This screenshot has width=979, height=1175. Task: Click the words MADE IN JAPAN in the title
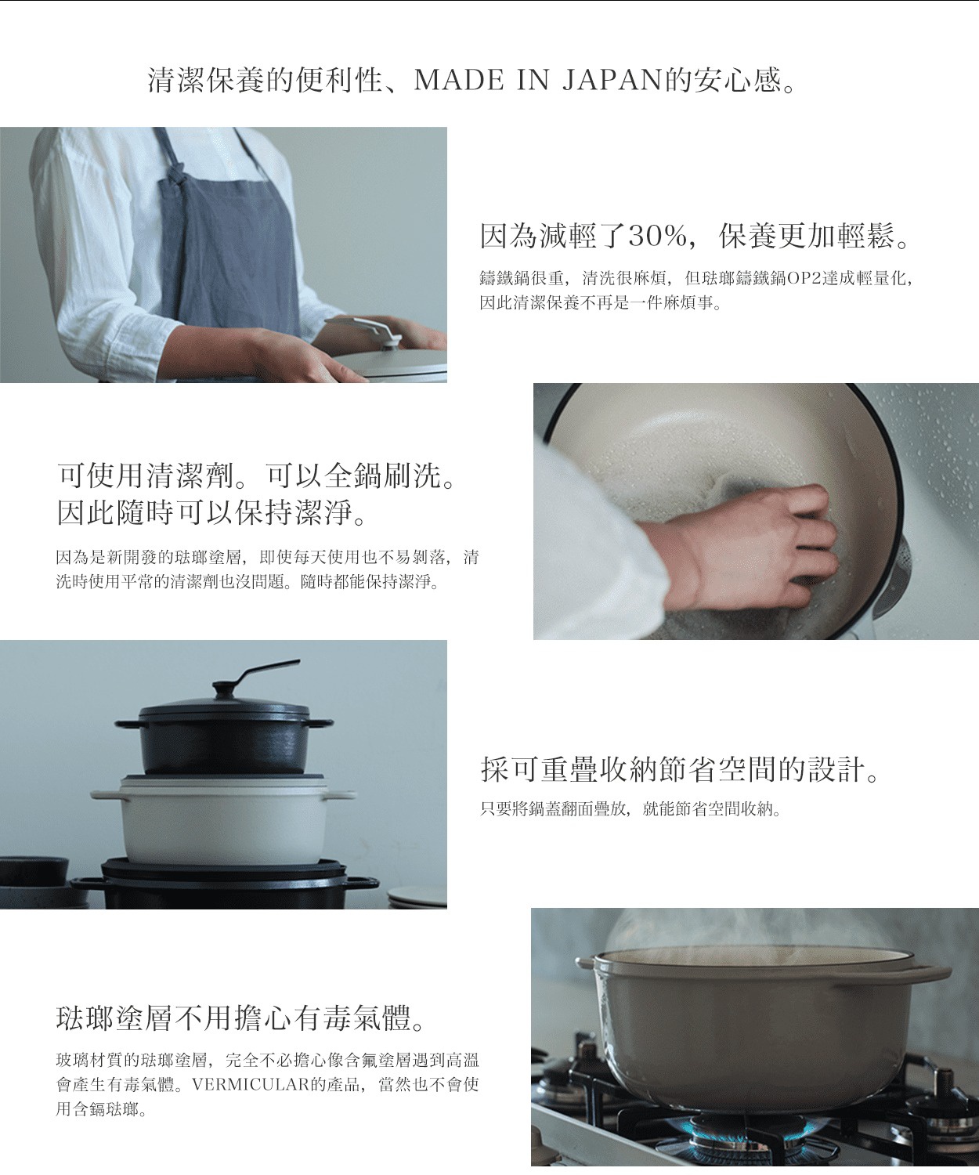pos(537,81)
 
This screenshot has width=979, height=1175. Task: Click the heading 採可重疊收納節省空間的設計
pos(681,770)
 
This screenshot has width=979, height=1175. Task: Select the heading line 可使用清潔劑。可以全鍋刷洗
pos(257,475)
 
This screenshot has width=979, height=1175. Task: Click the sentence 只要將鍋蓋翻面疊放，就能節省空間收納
pos(630,809)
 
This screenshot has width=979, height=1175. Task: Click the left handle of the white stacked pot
pos(106,796)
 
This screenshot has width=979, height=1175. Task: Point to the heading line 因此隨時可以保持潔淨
pos(213,514)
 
